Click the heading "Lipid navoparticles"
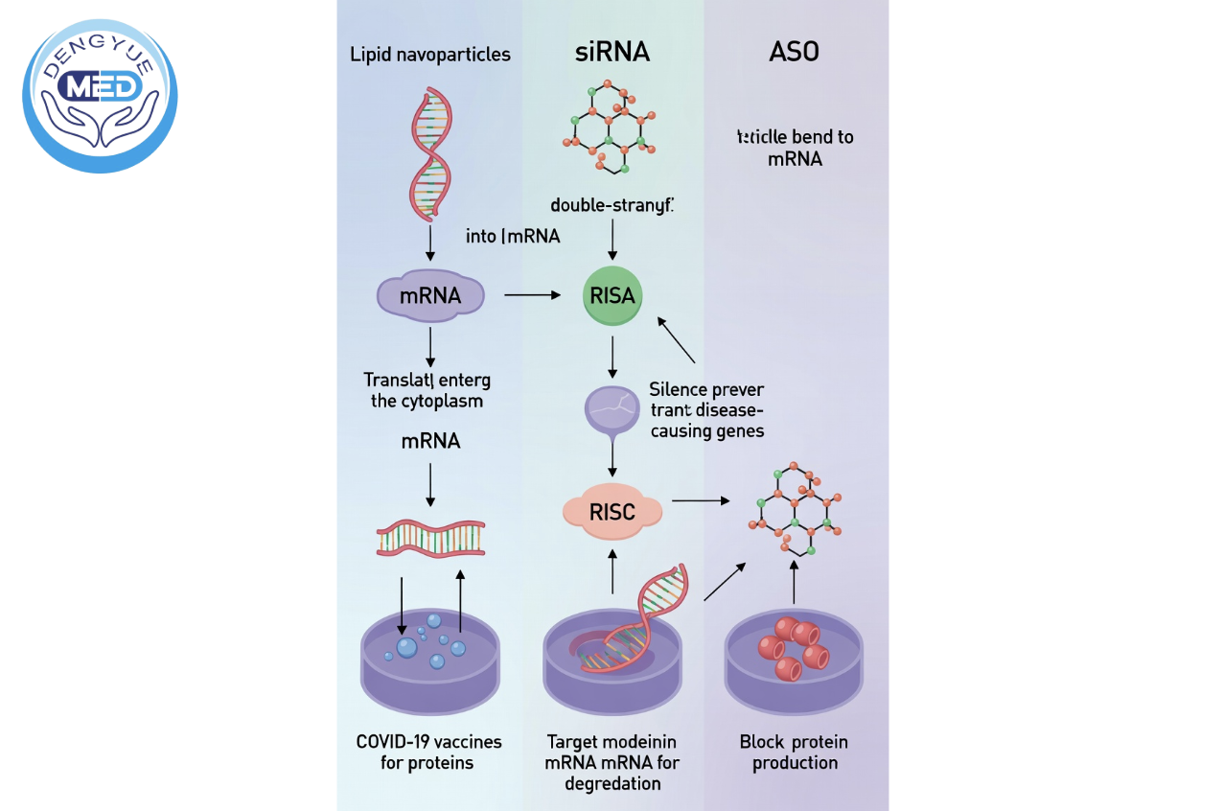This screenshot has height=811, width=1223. [430, 55]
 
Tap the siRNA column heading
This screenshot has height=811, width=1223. [612, 53]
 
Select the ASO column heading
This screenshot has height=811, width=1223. [795, 53]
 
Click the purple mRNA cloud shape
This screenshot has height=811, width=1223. [430, 295]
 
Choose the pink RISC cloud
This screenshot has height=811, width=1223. [612, 512]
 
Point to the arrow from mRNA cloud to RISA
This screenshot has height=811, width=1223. [532, 295]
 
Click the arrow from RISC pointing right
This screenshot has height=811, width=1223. [701, 500]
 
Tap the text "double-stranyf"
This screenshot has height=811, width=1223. [612, 205]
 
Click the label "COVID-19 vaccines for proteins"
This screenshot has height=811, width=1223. [428, 753]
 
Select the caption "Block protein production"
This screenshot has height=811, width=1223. [795, 753]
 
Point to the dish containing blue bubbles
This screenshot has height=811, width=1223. [429, 661]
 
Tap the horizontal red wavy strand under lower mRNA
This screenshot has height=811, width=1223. [430, 539]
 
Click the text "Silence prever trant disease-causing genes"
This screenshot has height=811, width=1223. [706, 410]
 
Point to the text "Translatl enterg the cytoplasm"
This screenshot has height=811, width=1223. [427, 390]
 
